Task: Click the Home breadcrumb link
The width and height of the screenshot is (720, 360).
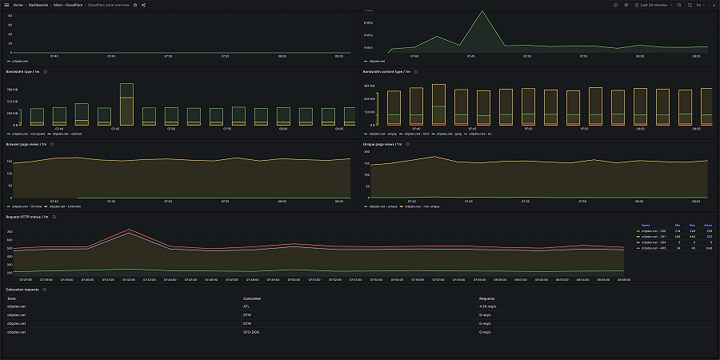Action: (18, 5)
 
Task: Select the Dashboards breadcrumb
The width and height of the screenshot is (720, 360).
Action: (38, 5)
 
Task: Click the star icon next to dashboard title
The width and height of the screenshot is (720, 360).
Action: (134, 5)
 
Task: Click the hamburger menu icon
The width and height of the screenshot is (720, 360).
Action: (6, 5)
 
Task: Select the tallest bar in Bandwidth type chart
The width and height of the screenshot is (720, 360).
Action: (126, 104)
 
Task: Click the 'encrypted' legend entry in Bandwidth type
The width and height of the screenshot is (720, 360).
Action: (28, 134)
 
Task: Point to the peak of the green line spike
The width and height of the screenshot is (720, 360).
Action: (482, 11)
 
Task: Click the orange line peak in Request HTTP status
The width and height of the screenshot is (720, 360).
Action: (130, 230)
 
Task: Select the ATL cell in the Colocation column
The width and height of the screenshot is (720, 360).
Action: (246, 306)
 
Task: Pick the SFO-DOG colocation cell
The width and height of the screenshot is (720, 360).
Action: (252, 331)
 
